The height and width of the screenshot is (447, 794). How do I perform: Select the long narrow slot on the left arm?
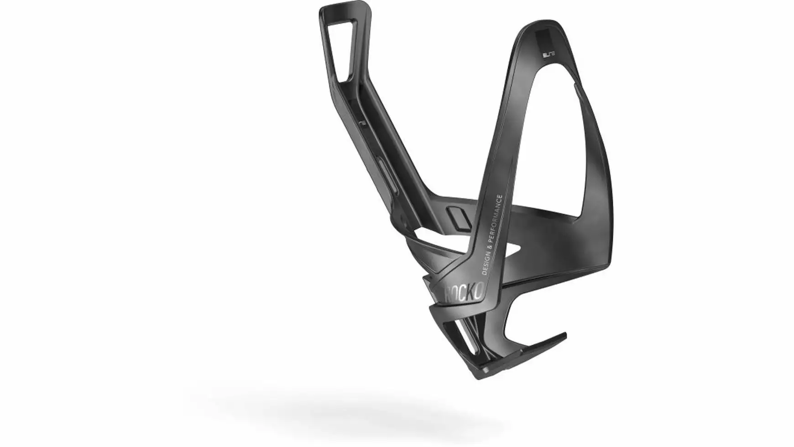pos(382,169)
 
